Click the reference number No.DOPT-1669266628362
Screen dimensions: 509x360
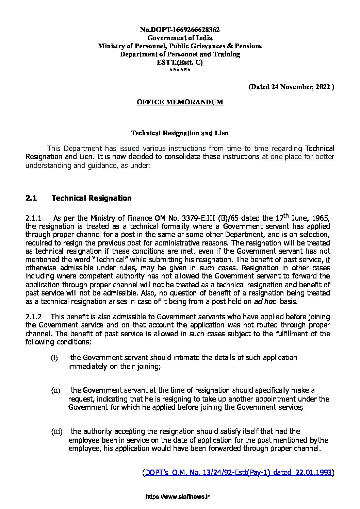[180, 30]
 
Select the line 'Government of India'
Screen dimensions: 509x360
[180, 38]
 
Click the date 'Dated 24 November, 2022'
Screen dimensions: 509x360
[291, 87]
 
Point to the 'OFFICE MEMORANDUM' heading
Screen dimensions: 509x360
[180, 102]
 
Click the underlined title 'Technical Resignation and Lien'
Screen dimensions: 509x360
[180, 133]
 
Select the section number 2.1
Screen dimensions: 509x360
[31, 198]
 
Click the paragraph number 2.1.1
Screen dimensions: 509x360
[33, 218]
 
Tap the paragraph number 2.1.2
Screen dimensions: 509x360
[34, 317]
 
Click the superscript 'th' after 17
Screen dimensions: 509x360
[286, 215]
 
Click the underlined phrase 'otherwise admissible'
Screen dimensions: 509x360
[59, 268]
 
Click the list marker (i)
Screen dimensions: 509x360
[54, 358]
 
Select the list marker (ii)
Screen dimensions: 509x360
[55, 391]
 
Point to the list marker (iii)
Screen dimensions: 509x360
[57, 432]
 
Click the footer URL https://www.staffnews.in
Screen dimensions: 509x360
[178, 496]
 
